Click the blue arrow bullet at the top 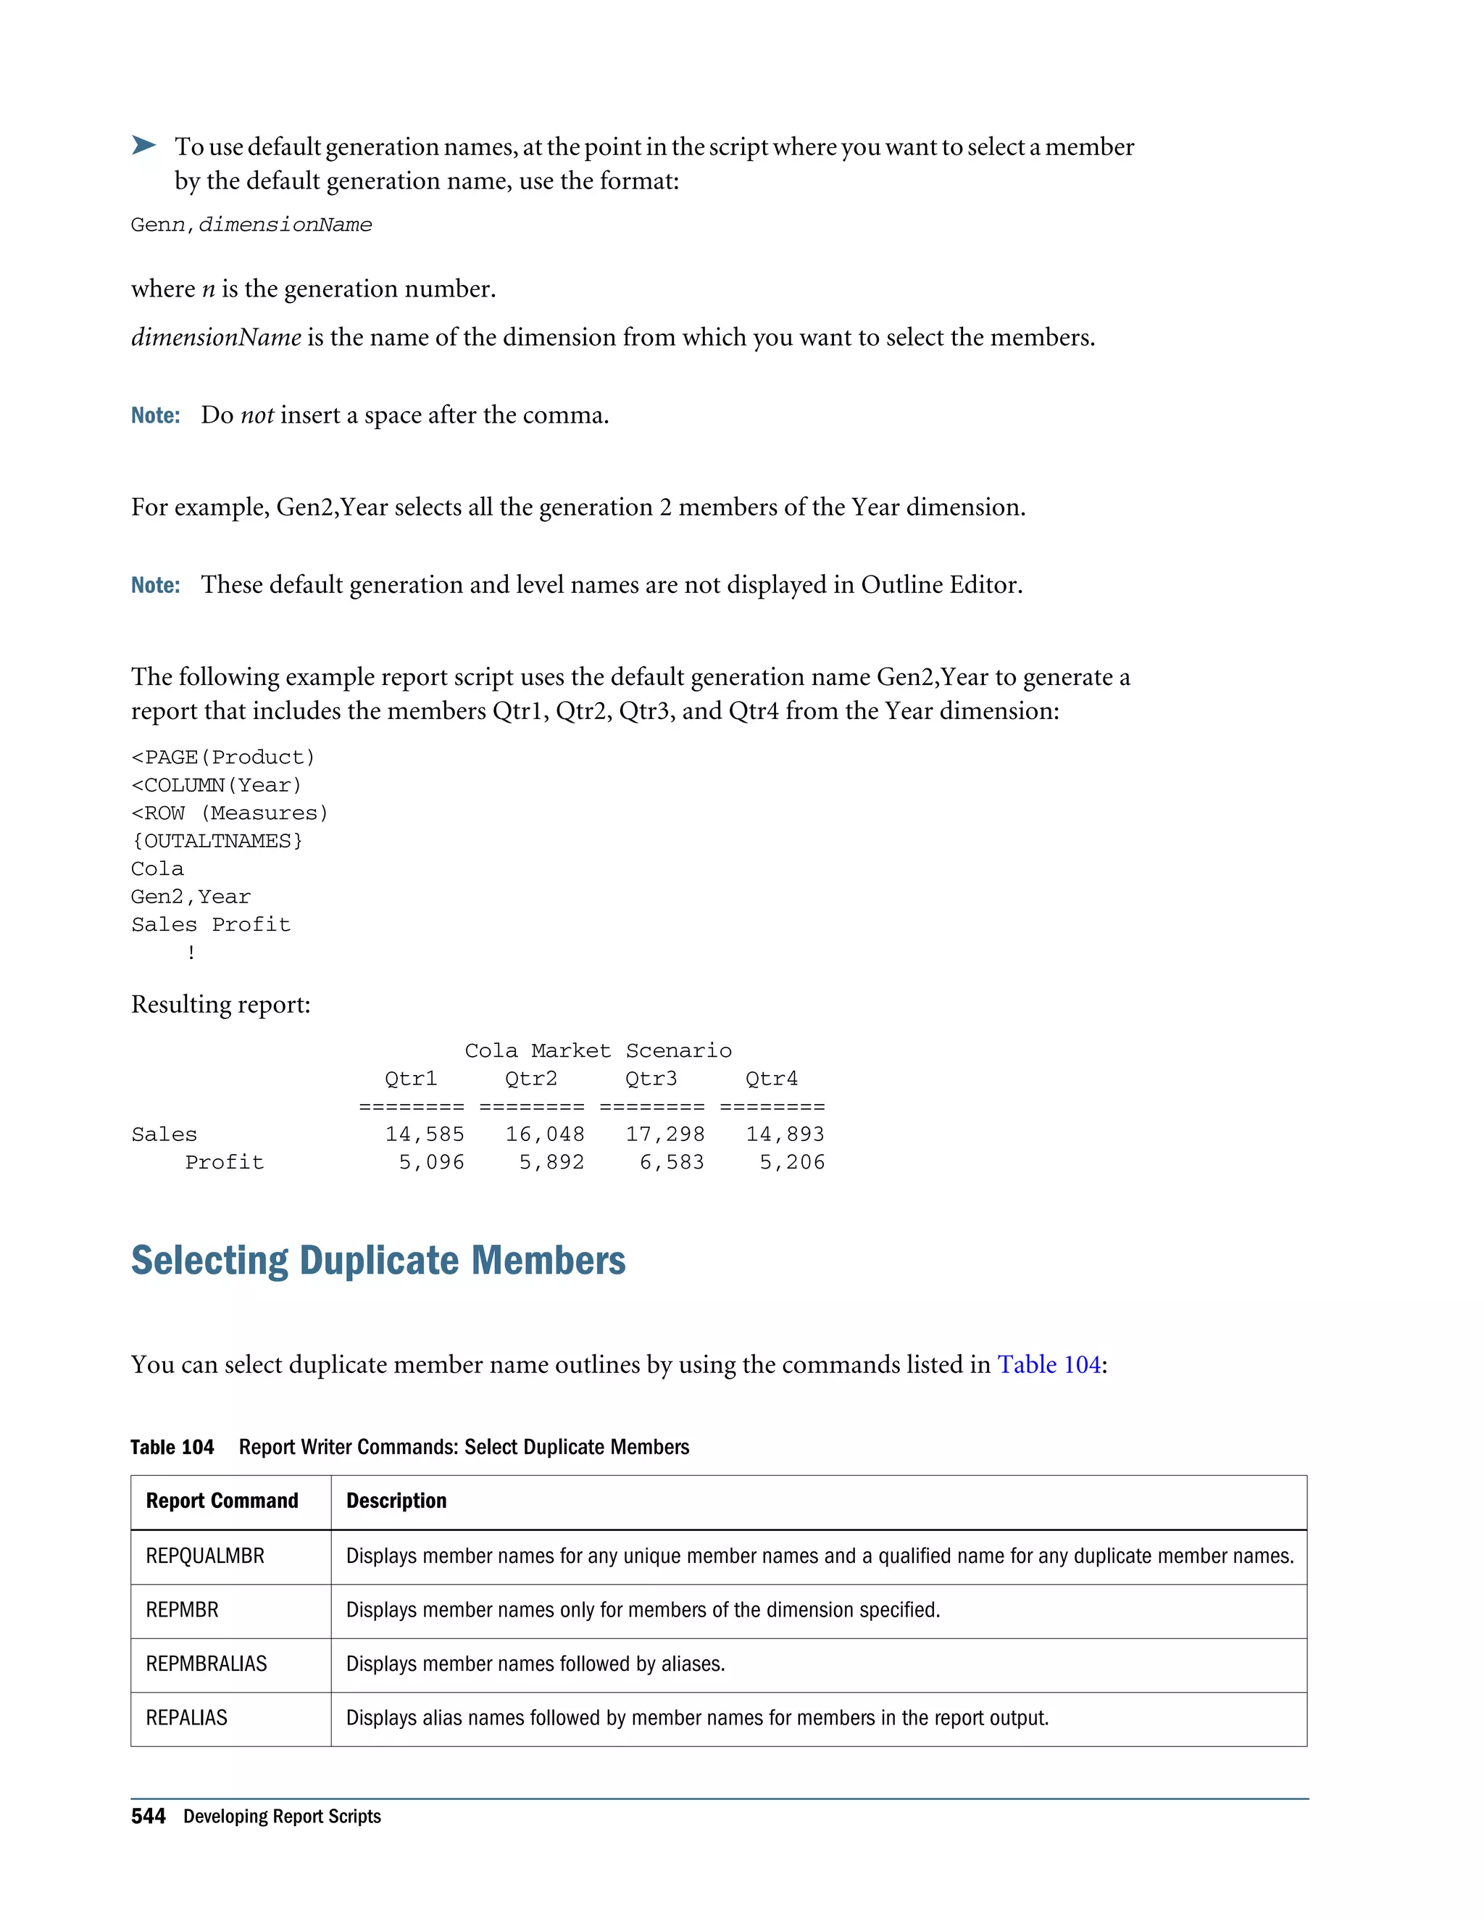143,145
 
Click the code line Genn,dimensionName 251,225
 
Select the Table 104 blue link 1049,1364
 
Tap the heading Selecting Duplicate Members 378,1261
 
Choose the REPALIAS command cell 186,1718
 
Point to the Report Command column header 222,1501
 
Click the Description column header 396,1501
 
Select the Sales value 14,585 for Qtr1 425,1134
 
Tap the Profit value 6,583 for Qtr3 672,1163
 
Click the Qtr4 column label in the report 771,1079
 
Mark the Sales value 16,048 544,1134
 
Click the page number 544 149,1817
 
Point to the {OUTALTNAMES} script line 217,841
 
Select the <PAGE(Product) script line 223,758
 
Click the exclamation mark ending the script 191,953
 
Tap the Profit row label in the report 224,1163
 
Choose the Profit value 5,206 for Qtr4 792,1163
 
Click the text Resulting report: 221,1005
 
